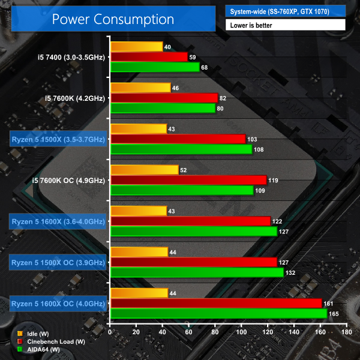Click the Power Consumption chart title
point(112,19)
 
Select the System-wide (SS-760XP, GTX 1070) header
point(285,10)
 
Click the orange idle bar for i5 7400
point(137,47)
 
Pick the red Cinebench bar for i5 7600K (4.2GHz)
point(164,98)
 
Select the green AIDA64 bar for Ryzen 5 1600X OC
point(219,313)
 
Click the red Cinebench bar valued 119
point(188,179)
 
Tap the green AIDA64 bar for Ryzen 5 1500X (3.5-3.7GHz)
point(181,149)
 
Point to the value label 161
point(329,303)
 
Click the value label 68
point(205,67)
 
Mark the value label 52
point(184,170)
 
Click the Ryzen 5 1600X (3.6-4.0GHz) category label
point(58,221)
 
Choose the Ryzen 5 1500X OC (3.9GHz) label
point(58,262)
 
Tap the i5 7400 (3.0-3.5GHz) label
point(71,58)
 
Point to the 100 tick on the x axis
point(242,331)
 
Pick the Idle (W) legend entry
point(38,333)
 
